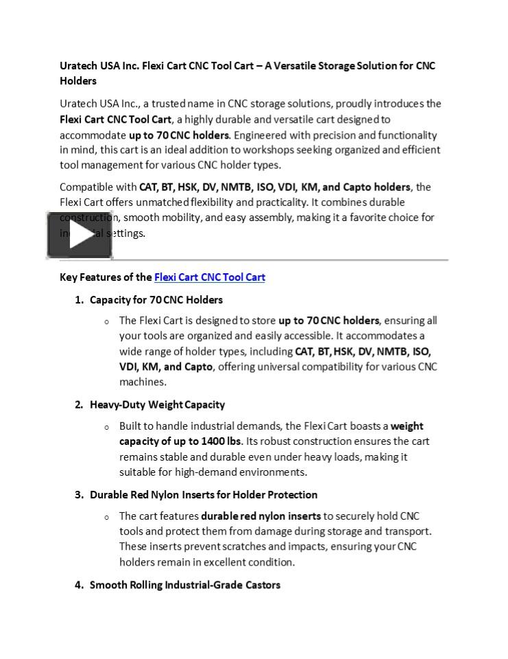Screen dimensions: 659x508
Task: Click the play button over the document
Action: [80, 235]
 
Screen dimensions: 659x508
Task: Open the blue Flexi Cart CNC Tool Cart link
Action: [209, 277]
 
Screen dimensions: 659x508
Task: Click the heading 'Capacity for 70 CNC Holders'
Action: [156, 300]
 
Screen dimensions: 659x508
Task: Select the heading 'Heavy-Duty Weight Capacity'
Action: [157, 404]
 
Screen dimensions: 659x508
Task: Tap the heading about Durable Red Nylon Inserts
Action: [204, 494]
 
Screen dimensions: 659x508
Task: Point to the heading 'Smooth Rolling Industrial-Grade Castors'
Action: [185, 585]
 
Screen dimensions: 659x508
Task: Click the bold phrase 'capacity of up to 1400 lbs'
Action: [180, 441]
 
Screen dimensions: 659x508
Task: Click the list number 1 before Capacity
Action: [79, 300]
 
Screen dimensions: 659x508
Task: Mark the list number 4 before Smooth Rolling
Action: [79, 585]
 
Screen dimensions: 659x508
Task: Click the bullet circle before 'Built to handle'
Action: [106, 427]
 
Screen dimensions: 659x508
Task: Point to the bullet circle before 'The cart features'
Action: [106, 517]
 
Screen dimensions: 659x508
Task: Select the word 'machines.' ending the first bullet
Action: [143, 382]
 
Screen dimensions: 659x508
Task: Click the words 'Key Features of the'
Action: [106, 277]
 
